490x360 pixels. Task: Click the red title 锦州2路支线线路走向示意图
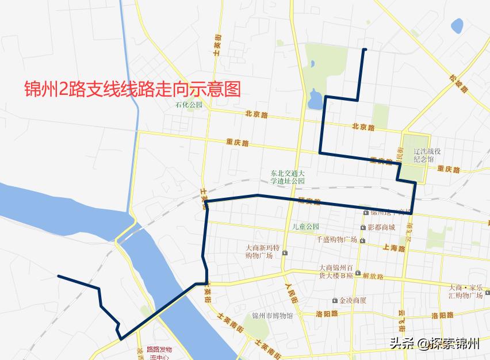pos(132,89)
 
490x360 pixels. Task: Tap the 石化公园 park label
pos(189,105)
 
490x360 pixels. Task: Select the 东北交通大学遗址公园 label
pos(288,177)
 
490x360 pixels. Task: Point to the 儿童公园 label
pos(305,227)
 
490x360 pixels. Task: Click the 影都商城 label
pos(381,227)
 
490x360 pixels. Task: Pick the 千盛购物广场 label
pos(337,239)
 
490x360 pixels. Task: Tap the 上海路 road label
pos(393,248)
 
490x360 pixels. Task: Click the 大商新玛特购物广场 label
pos(262,252)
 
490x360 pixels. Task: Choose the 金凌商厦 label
pos(353,300)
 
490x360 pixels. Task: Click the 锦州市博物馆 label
pos(273,316)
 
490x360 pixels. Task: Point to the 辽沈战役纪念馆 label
pos(427,156)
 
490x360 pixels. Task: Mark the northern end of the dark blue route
pos(364,50)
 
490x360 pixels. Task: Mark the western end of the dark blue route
pos(59,276)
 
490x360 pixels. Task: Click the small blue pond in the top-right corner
pos(457,26)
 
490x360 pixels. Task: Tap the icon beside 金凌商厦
pos(335,300)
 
